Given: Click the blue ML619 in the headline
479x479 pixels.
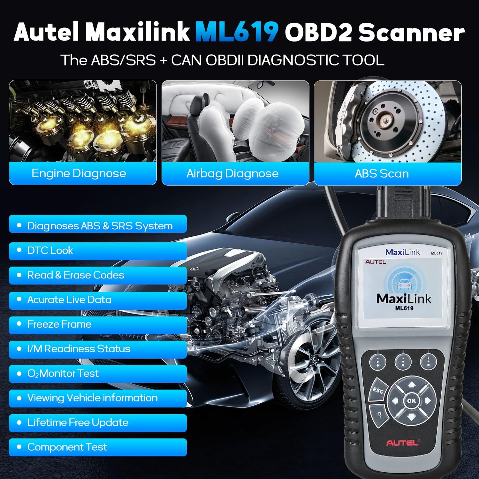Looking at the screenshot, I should (237, 32).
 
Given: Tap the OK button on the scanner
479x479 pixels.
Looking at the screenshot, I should (411, 400).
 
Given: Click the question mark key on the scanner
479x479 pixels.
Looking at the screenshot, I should (379, 415).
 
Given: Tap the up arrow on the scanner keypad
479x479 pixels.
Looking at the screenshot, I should (412, 384).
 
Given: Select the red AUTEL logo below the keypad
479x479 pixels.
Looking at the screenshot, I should (402, 443).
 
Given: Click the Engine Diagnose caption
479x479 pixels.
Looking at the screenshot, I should (79, 173).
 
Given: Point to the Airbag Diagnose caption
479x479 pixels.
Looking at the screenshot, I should (232, 173).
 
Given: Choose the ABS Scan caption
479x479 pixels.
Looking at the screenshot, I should (382, 173).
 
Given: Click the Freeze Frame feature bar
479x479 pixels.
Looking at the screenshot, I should (97, 324).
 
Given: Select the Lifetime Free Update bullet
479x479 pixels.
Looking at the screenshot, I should (97, 422).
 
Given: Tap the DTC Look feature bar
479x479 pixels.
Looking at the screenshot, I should (97, 251).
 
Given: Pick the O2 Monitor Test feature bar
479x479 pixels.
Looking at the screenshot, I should (97, 373).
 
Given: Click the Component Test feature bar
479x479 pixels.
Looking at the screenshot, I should (97, 447).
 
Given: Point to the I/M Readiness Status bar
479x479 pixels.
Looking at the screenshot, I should (97, 349).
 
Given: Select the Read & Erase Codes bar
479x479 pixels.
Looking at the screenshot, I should (97, 275).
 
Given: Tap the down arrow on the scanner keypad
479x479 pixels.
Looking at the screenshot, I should (411, 416).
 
